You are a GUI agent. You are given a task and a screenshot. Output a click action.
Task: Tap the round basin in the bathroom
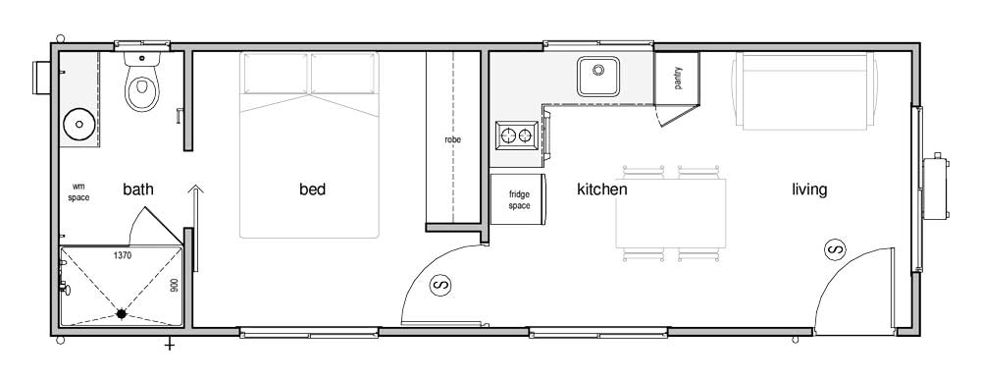pos(79,124)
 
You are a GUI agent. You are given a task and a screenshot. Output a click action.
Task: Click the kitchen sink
pos(598,77)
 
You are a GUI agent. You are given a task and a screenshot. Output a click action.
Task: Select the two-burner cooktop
pos(517,136)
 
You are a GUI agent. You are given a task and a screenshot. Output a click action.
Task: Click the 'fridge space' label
pos(519,199)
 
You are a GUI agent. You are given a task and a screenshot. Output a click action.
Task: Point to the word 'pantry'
pos(678,79)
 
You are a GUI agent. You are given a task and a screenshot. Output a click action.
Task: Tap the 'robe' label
pos(453,139)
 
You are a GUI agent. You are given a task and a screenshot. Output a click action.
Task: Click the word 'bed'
pos(312,190)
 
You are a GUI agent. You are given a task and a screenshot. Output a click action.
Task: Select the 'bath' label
pos(138,190)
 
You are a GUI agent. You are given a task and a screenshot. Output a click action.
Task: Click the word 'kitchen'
pos(602,190)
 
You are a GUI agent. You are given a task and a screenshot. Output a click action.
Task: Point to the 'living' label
pos(809,190)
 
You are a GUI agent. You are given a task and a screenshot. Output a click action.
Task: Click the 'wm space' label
pos(78,191)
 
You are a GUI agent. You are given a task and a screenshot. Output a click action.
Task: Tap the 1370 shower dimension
pos(122,255)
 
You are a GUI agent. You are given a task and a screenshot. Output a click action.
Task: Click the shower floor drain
pos(121,313)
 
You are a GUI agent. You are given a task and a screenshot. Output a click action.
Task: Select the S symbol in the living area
pos(835,249)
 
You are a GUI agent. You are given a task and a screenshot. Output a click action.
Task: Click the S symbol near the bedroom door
pos(440,285)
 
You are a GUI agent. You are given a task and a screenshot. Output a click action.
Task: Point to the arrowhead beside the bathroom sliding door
pos(196,189)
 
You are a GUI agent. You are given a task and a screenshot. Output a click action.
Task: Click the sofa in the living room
pos(804,91)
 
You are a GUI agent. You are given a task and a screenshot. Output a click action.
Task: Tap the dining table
pos(671,213)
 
